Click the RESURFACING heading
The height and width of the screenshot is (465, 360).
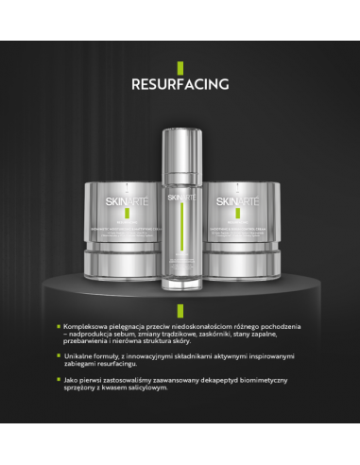(x=180, y=82)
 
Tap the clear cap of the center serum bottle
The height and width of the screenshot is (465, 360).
(x=180, y=142)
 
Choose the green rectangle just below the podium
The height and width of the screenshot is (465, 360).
(x=180, y=308)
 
